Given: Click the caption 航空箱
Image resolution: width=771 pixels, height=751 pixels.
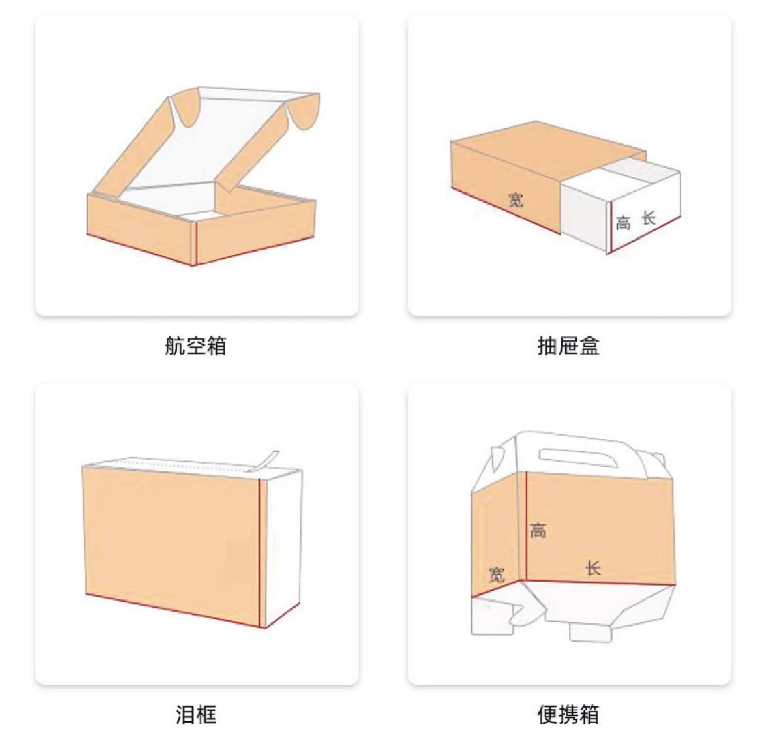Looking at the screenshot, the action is pos(196,346).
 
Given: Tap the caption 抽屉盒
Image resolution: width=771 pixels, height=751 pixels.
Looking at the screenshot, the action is pos(568,346).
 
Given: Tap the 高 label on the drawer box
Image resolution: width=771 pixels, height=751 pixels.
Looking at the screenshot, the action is pos(623,223).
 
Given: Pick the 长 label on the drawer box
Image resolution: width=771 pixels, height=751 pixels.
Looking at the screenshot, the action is pos(649,219).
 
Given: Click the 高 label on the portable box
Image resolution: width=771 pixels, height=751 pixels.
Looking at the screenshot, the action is pos(538,530).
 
